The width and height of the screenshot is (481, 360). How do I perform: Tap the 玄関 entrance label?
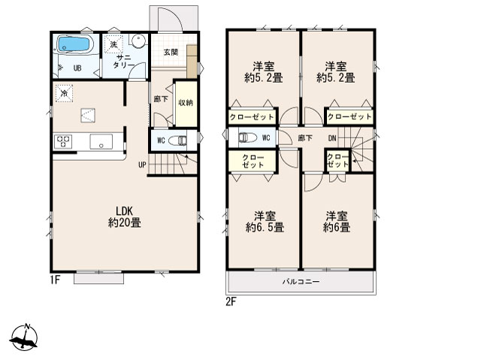(171, 52)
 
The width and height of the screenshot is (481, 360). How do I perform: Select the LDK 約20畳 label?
(125, 216)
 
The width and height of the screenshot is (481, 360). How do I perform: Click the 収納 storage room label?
(186, 103)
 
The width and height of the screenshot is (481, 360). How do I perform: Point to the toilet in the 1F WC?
(178, 141)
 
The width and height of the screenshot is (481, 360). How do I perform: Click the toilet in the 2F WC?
(247, 138)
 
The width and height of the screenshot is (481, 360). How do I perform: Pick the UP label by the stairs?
(142, 165)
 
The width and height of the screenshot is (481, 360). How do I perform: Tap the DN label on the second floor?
(332, 138)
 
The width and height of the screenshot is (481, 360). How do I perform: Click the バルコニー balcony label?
(301, 282)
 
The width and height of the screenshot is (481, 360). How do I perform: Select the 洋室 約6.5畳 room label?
(265, 222)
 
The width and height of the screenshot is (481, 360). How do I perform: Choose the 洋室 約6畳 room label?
(337, 222)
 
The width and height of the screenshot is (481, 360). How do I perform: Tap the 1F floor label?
(55, 280)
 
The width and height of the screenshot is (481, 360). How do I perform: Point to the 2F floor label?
(231, 302)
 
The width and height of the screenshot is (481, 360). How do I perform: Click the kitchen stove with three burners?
(63, 142)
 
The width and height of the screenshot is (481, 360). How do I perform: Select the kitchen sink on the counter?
(101, 141)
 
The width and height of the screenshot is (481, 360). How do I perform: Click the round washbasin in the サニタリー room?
(138, 41)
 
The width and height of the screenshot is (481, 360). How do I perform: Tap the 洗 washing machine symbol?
(113, 44)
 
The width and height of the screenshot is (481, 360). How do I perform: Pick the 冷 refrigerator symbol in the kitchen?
(64, 93)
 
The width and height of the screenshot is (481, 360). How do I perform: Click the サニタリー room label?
(123, 62)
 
